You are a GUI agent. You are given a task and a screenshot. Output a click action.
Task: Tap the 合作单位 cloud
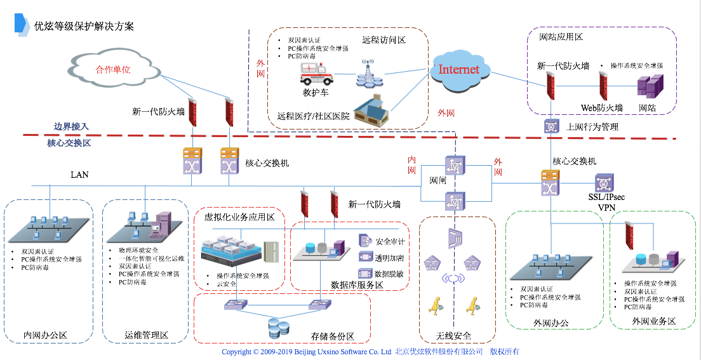tap(113, 70)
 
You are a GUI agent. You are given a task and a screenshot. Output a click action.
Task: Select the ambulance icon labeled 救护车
tap(316, 75)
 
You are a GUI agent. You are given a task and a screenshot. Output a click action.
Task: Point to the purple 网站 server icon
tap(650, 86)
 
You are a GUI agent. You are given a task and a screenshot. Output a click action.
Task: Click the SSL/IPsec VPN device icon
tap(603, 183)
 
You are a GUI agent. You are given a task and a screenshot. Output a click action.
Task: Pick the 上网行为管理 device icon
tap(552, 126)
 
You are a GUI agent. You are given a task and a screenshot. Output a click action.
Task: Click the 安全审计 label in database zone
tap(390, 241)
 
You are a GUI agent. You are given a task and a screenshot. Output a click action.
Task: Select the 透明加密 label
tap(390, 258)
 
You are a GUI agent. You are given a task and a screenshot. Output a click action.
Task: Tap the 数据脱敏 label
tap(390, 274)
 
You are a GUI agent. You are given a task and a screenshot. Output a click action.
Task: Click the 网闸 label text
tap(439, 180)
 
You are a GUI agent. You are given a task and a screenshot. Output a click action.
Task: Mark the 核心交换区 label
tap(69, 143)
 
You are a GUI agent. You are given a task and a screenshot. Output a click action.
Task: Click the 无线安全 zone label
tap(454, 336)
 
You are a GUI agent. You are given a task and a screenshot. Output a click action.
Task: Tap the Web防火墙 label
tap(601, 108)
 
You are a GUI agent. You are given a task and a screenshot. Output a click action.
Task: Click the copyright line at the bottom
tap(370, 352)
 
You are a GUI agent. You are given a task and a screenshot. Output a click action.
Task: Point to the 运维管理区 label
tap(147, 335)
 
